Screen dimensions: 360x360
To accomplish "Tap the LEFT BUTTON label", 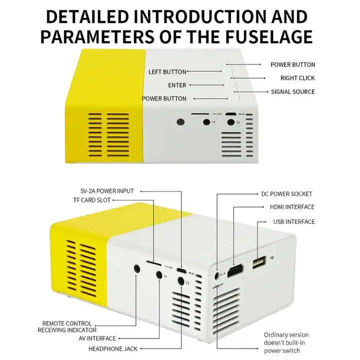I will coord(167,72).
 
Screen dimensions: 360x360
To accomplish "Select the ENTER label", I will coord(177,85).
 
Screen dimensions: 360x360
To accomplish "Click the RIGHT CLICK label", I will coord(297,78).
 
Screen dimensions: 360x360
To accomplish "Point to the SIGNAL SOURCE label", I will coord(293,91).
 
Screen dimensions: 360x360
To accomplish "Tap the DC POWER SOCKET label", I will coord(286,193).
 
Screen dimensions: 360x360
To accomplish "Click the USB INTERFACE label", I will coord(294,221).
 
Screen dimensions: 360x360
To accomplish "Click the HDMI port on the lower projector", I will coord(235,272).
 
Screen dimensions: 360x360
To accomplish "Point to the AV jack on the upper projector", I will coord(205,121).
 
